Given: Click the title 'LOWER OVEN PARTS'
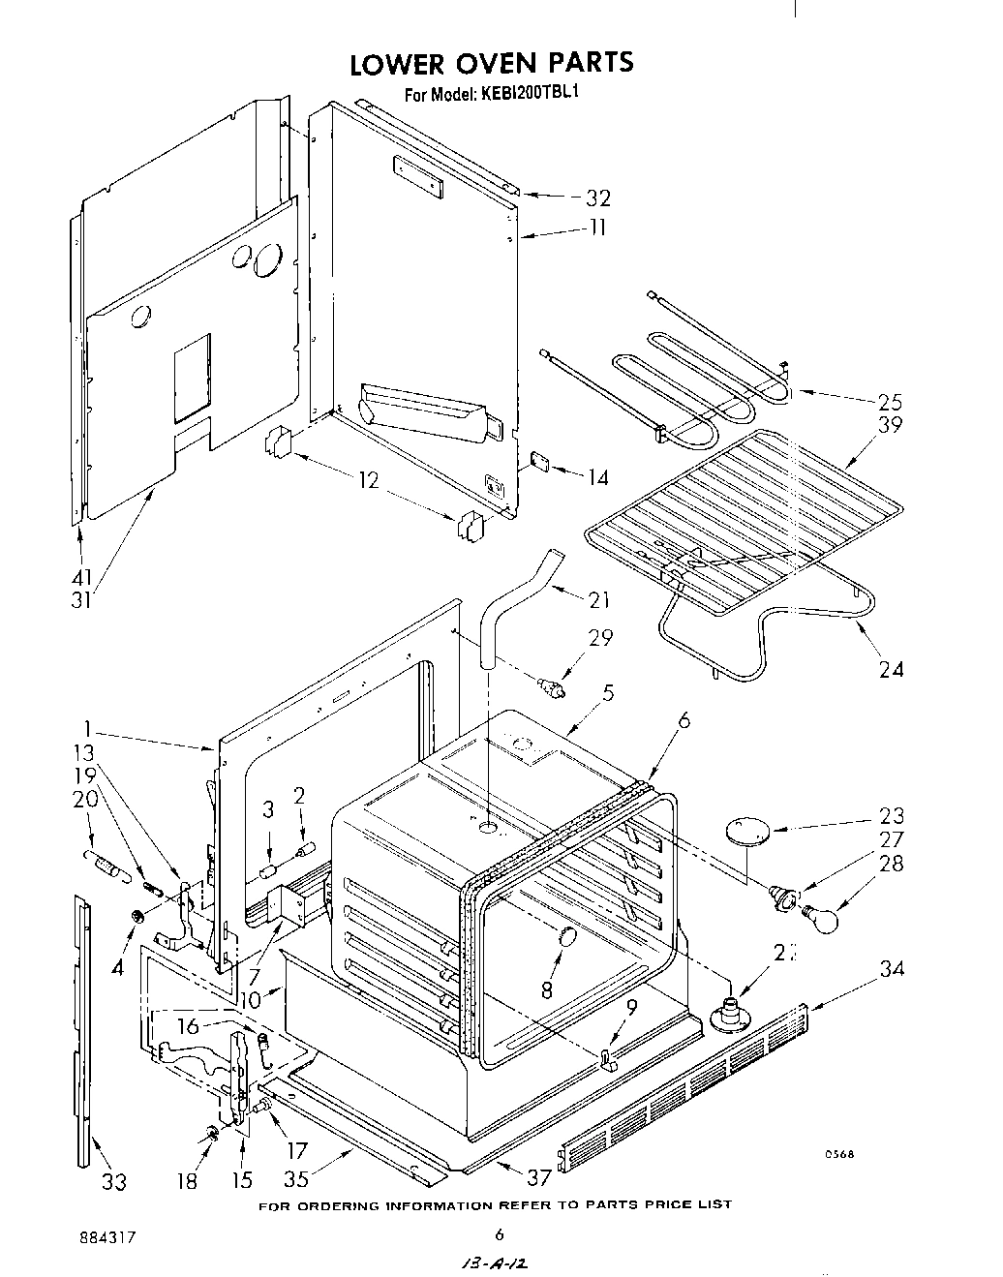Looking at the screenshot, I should coord(491,63).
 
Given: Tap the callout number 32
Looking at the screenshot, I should coord(597,198).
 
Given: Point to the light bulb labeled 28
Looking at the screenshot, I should coord(820,916).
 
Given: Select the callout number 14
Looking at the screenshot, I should coord(597,476).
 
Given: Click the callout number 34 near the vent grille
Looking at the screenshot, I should coord(891,967).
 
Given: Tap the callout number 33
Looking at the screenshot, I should coord(113,1180).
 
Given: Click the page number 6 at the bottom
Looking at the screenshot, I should coord(500,1234).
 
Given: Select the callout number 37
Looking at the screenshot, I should coord(538,1177).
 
